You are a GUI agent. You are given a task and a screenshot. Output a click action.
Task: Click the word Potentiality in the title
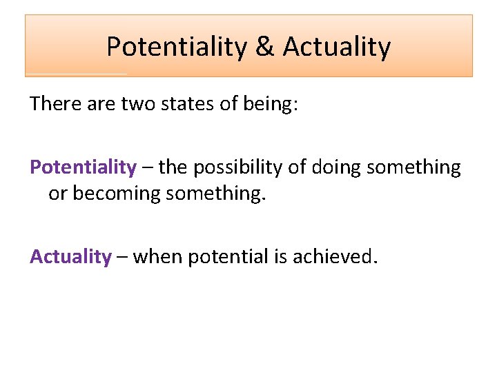click(x=177, y=47)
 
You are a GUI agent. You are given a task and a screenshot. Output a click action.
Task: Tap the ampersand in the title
click(x=264, y=47)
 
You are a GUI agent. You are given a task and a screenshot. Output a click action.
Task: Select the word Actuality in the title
click(x=336, y=47)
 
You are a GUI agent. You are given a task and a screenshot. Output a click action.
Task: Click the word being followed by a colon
click(x=267, y=105)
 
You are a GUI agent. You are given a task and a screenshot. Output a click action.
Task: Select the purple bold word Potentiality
click(x=83, y=167)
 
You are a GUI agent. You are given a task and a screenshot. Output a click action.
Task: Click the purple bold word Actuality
click(x=70, y=257)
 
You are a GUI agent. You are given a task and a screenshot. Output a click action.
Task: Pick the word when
click(x=158, y=257)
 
